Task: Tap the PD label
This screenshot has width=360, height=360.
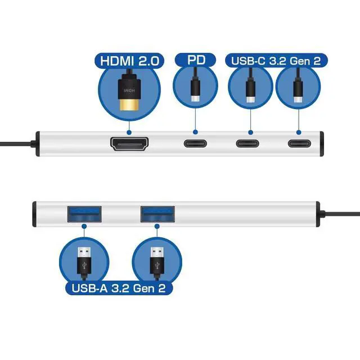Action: [x=195, y=60]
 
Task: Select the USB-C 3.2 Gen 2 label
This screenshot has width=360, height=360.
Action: [x=275, y=60]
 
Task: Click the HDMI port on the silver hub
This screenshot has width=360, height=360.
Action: [x=129, y=143]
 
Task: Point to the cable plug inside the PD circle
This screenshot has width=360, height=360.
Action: [x=195, y=90]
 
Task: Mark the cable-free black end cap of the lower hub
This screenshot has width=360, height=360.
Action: [x=34, y=213]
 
